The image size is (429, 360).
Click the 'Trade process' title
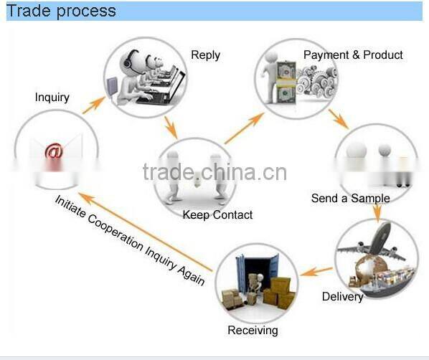pos(61,11)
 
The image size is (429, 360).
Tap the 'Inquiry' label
pos(52,98)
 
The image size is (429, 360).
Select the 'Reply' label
pos(205,55)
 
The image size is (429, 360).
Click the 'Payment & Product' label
pos(353,55)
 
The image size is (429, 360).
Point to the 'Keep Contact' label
pos(217,215)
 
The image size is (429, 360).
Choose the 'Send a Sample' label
pos(351,199)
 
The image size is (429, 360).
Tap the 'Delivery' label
pos(342,297)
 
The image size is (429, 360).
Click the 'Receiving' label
pos(253,331)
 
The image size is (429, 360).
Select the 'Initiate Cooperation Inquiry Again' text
pos(130,241)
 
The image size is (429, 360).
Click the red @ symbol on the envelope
pos(55,151)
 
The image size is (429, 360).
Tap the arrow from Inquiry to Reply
pos(94,105)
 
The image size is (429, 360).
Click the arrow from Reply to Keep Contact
pos(171,128)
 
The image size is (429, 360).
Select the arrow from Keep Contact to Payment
pos(245,128)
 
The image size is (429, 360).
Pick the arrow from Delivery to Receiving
pos(316,271)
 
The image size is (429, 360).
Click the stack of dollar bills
pos(286,82)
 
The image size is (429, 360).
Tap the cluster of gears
pos(317,81)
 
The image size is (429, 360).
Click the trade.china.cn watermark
pos(214,172)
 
